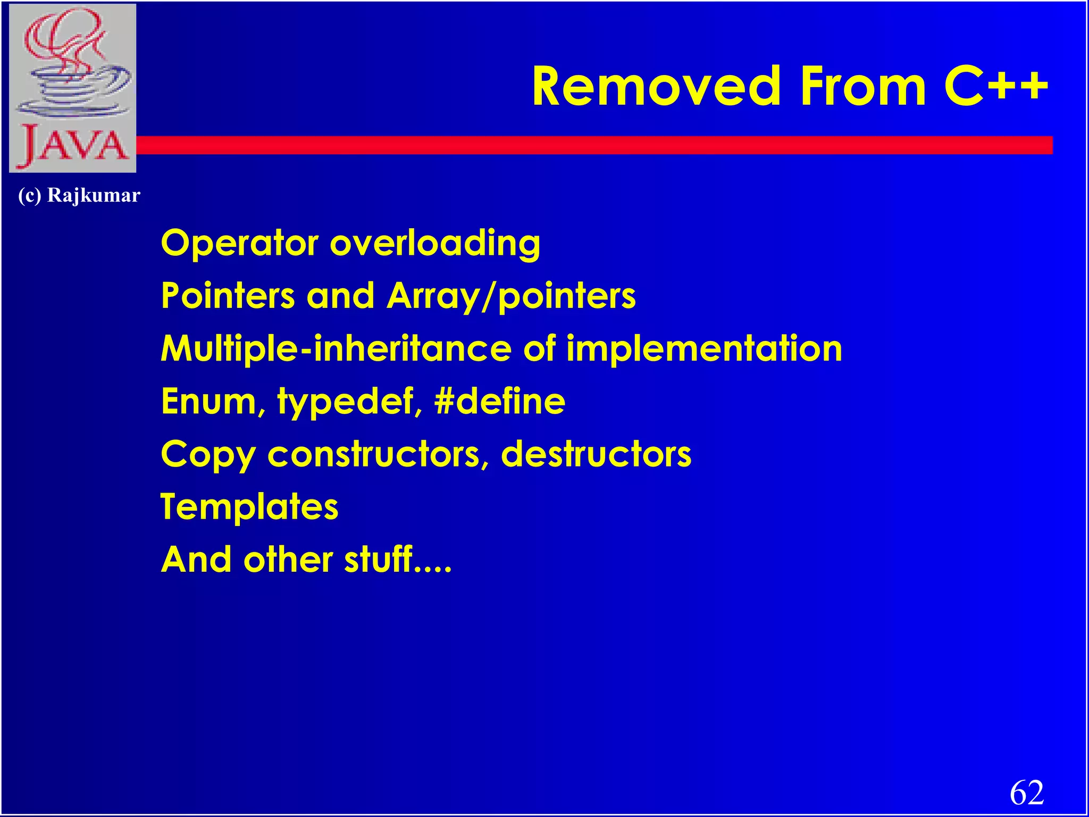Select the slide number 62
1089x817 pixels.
click(x=1026, y=793)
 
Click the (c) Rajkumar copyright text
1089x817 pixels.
click(x=79, y=195)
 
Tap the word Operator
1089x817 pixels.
click(x=240, y=244)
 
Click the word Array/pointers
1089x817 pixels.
click(x=511, y=296)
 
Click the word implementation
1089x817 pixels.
click(x=704, y=349)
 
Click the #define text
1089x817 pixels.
click(x=499, y=402)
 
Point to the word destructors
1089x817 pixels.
click(x=596, y=454)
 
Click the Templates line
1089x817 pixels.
click(x=249, y=507)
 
